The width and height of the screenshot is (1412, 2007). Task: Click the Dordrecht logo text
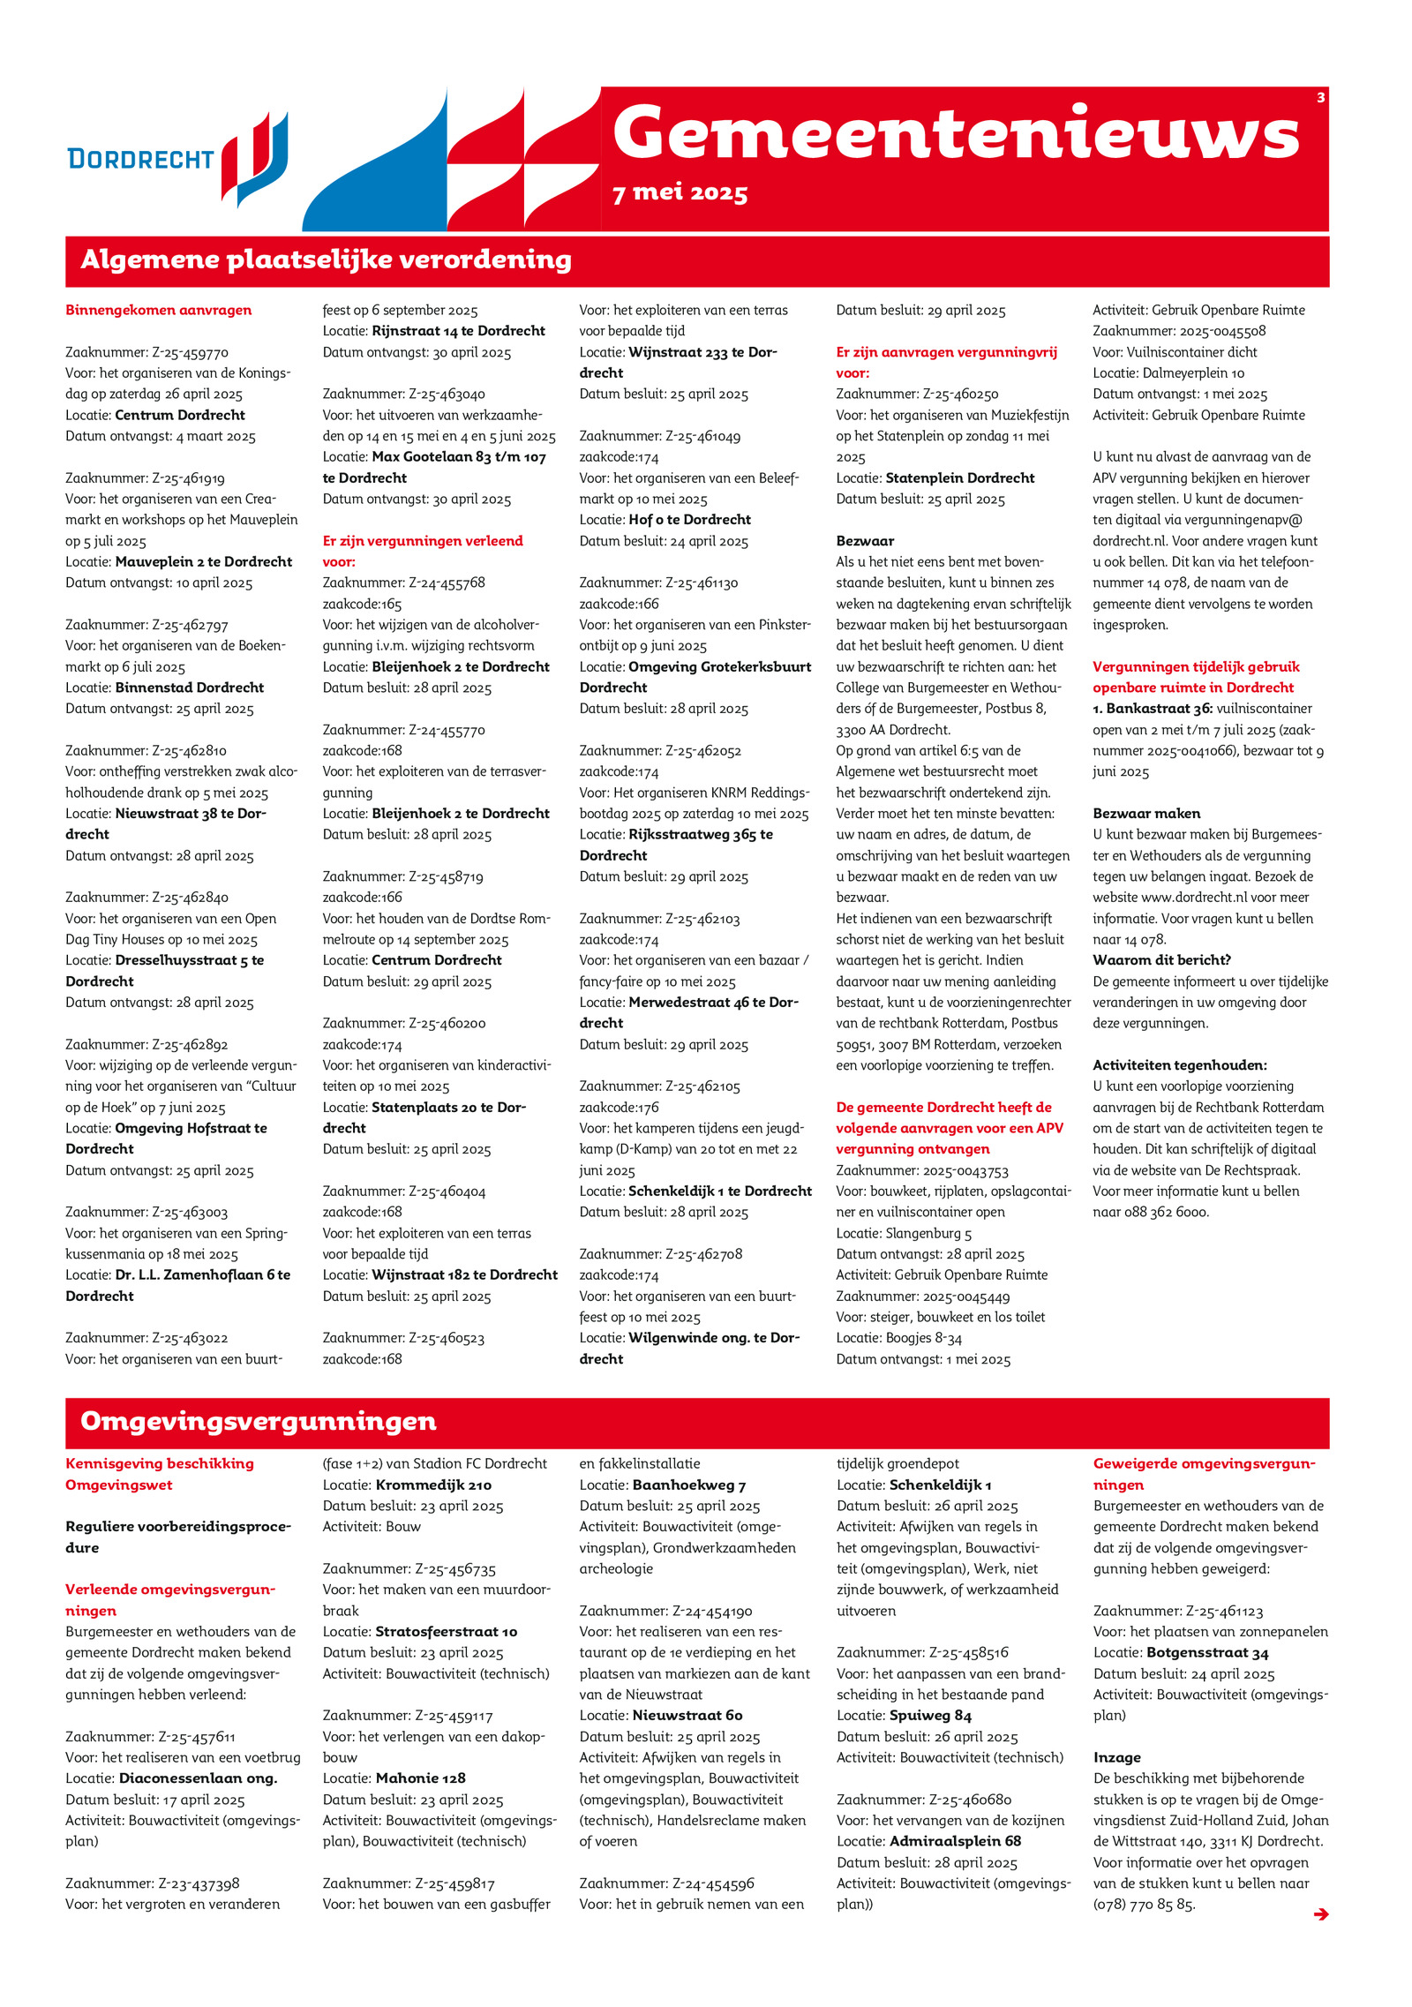pos(140,159)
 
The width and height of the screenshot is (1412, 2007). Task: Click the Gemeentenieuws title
pos(956,133)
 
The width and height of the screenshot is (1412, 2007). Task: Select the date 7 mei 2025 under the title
pos(680,193)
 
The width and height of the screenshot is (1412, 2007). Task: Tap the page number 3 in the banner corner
pos(1320,98)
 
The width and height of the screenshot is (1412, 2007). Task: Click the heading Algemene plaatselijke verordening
pos(326,260)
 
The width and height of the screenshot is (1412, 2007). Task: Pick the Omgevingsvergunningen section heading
pos(258,1422)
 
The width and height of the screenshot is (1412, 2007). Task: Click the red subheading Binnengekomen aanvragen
pos(158,310)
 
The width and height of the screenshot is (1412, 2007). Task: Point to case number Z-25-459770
pos(190,352)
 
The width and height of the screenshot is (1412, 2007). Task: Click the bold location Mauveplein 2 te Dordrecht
pos(203,562)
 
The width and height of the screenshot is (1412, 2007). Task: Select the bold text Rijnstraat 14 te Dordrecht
pos(458,331)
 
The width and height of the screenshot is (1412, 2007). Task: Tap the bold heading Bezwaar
pos(865,541)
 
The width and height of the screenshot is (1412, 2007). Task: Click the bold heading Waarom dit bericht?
pos(1161,960)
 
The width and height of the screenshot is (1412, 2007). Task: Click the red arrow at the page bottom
pos(1320,1914)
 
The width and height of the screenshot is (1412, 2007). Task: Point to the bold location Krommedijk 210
pos(433,1485)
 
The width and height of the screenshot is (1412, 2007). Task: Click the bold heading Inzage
pos(1116,1758)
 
